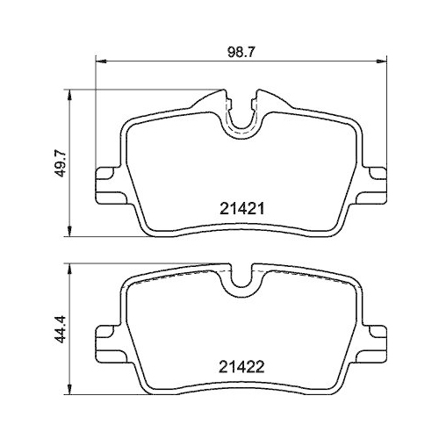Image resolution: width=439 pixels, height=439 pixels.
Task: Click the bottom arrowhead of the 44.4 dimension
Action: [x=70, y=390]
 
